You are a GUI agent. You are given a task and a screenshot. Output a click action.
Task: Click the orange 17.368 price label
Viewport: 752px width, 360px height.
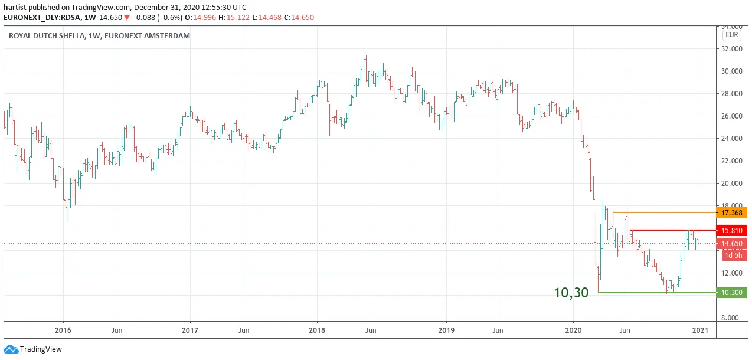tap(731, 212)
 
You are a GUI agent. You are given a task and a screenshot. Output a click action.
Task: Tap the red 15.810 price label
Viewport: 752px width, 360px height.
tap(731, 231)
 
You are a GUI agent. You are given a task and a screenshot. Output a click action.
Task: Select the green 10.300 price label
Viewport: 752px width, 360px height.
tap(731, 293)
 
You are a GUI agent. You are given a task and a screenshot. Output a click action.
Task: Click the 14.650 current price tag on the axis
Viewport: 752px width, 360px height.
tap(731, 244)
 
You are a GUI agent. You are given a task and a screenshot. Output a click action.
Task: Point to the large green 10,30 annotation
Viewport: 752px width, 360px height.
tap(571, 293)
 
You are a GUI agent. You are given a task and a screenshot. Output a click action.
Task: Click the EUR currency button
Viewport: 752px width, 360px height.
tap(731, 35)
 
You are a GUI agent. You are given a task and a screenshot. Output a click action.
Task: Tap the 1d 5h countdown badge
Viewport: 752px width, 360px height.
tap(733, 256)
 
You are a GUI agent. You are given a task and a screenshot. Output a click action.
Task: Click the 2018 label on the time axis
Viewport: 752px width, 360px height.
tap(317, 330)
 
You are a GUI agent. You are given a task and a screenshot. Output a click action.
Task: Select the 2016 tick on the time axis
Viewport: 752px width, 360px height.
tap(63, 330)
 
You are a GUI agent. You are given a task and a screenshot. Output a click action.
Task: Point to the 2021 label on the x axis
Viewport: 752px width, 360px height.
tap(700, 330)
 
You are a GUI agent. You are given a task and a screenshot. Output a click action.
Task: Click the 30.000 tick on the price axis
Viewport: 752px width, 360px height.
tap(731, 71)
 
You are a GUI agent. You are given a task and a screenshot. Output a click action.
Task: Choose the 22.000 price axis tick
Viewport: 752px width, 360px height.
tap(731, 161)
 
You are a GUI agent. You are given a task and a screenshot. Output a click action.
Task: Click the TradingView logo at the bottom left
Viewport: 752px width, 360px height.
tap(33, 349)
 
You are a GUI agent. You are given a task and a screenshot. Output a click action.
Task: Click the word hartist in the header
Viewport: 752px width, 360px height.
tap(15, 8)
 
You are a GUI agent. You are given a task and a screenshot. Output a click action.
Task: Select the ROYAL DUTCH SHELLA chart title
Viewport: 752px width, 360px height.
tap(47, 35)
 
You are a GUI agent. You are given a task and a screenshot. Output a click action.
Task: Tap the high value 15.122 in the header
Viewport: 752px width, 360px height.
tap(238, 18)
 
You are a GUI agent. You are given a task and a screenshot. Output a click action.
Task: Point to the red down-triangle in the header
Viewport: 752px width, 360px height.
tap(126, 18)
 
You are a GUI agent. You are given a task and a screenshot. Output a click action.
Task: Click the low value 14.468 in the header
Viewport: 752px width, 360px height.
tap(270, 18)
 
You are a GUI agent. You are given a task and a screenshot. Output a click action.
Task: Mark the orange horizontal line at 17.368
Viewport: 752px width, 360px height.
tap(665, 212)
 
